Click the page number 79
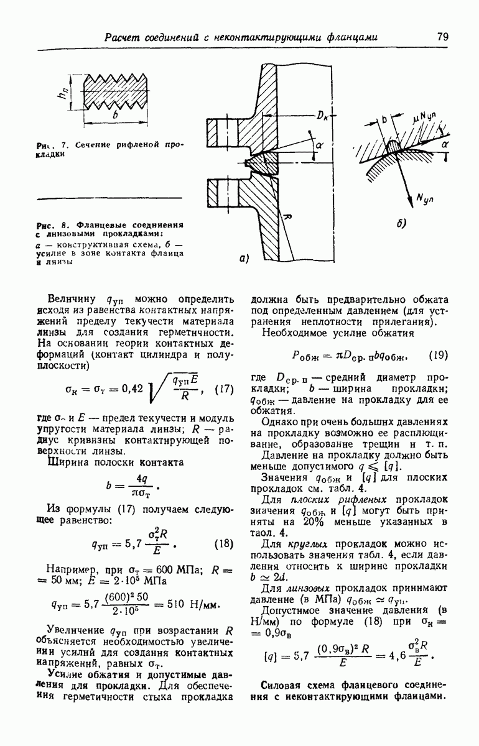(x=442, y=36)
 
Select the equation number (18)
(x=223, y=543)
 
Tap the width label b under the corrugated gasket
(x=116, y=116)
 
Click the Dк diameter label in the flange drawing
(x=324, y=116)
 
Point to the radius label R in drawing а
(x=289, y=216)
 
